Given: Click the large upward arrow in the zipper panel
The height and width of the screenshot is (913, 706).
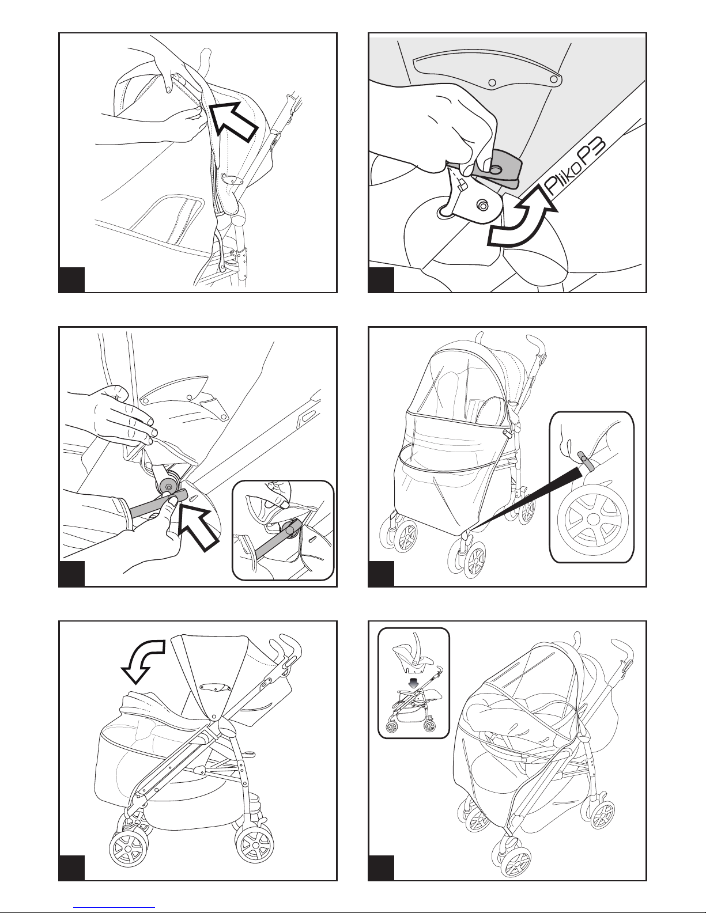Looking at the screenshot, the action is point(233,120).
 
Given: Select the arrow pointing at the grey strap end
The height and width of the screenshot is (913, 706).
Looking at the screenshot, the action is point(198,528).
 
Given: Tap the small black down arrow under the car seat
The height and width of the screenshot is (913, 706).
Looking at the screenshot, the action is point(414,683).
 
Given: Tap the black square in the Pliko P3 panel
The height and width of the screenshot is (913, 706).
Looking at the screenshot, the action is point(381,280).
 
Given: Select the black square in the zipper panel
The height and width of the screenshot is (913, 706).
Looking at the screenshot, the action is point(71,280).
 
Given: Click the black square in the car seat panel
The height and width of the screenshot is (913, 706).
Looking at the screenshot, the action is point(381,868).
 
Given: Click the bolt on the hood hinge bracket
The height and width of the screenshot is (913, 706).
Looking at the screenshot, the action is point(484,205).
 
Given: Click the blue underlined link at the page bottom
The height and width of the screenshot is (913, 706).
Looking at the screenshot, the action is point(114,907).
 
